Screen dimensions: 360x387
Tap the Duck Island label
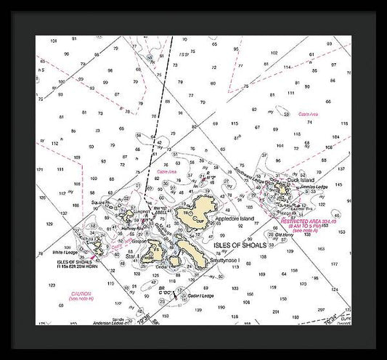click(304, 179)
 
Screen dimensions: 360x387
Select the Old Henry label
click(285, 235)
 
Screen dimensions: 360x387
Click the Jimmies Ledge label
click(314, 187)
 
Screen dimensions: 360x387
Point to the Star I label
click(133, 257)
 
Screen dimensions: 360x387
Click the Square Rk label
click(99, 202)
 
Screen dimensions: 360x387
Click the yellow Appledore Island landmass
click(197, 218)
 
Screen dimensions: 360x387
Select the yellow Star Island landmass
click(155, 255)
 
